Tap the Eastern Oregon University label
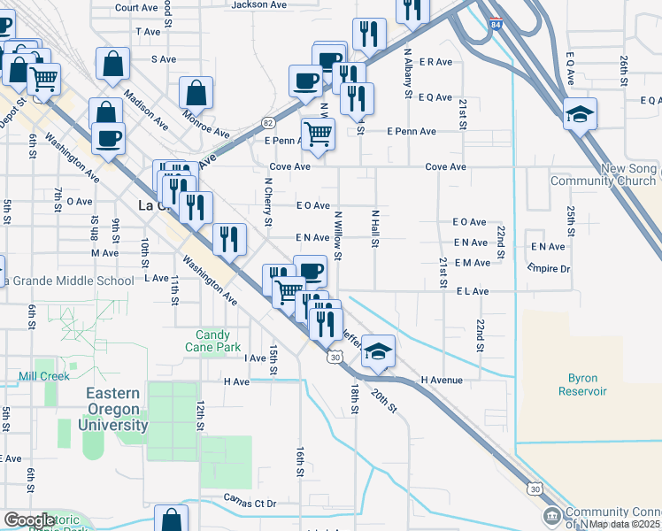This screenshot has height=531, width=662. tap(113, 409)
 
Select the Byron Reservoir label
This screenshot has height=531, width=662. tap(582, 384)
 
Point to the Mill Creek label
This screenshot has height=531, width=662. tap(44, 376)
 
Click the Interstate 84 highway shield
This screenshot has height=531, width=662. tap(492, 26)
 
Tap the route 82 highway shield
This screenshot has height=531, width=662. tap(268, 121)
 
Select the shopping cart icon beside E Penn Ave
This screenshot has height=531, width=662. tap(318, 135)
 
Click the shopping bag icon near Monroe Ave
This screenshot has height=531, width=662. tap(196, 92)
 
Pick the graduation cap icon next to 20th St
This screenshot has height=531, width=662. tap(378, 352)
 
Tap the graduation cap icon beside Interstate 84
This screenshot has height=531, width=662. tap(580, 113)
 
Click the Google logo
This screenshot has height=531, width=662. tap(29, 520)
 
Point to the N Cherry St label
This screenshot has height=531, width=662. tap(267, 202)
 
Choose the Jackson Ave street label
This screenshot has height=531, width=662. tap(258, 5)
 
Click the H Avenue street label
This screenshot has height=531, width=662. tap(442, 381)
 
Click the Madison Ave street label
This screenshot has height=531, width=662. tap(147, 110)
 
